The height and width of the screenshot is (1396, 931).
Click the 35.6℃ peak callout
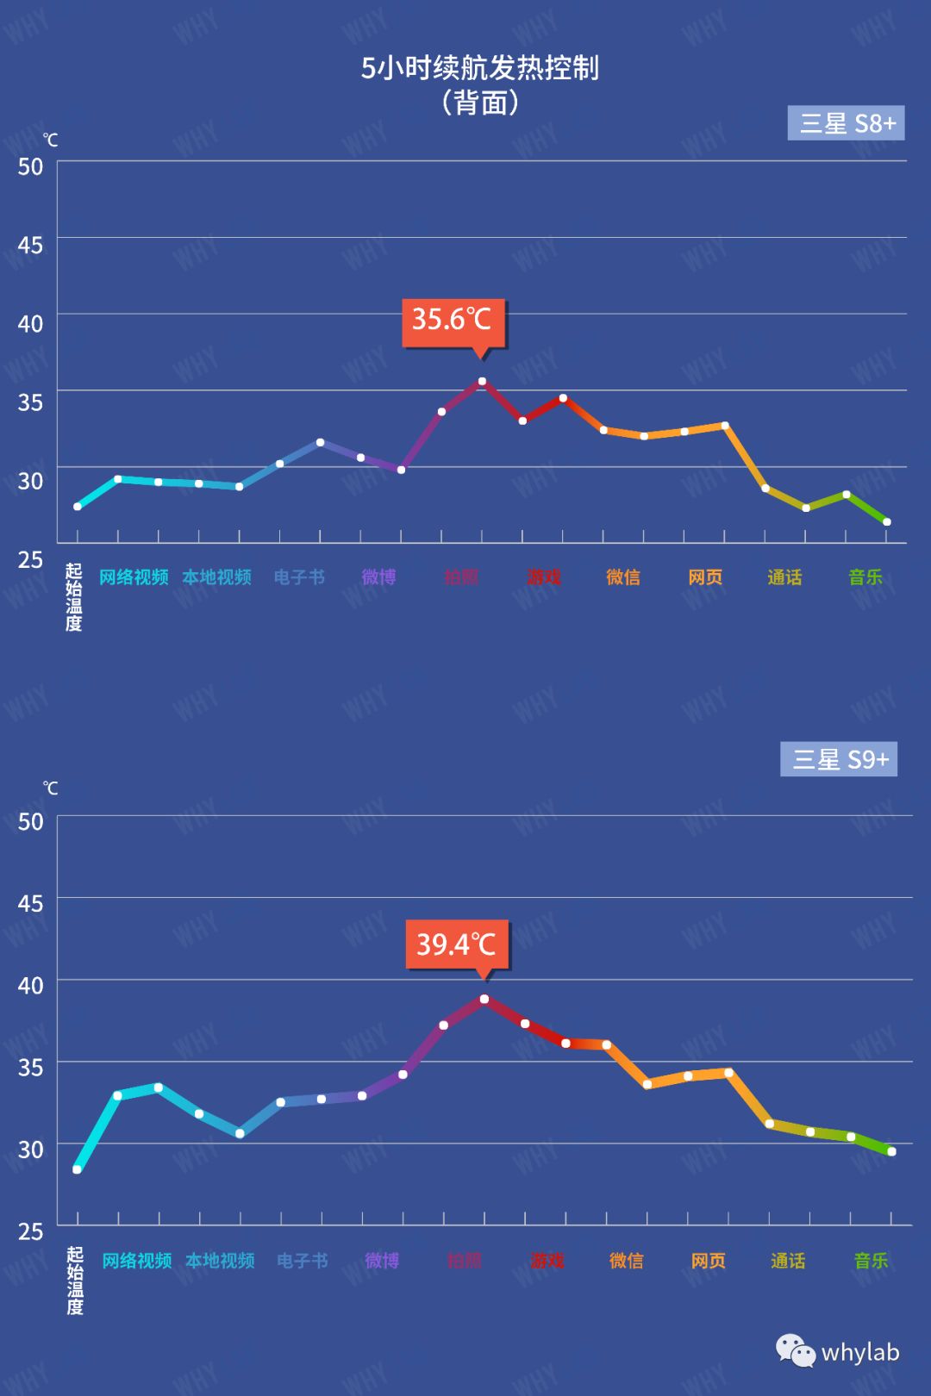[x=453, y=321]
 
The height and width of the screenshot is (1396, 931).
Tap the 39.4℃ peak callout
[x=457, y=944]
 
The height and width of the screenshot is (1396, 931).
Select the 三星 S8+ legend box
[x=846, y=123]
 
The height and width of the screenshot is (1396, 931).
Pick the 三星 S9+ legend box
[x=839, y=759]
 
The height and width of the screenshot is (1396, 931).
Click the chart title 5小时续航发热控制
[x=479, y=68]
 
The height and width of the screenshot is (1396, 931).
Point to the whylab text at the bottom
[x=859, y=1352]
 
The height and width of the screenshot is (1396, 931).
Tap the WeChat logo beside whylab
[x=795, y=1350]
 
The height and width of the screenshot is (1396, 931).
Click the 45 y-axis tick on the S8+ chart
[x=30, y=246]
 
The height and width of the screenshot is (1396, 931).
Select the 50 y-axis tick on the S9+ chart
[x=30, y=822]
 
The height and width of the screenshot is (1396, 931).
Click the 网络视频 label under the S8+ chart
[x=134, y=577]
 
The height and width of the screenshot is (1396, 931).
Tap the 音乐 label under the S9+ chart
[x=871, y=1261]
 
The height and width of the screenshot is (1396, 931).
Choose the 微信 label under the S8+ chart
[x=622, y=577]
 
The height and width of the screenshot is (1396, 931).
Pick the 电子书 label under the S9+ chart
[x=302, y=1261]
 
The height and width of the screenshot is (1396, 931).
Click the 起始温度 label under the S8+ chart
[x=74, y=597]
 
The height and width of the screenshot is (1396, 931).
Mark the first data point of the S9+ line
[x=78, y=1169]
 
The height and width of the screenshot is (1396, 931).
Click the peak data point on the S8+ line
[x=482, y=381]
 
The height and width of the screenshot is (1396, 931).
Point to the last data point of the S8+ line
[x=886, y=522]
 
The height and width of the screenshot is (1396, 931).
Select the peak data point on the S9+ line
[x=484, y=1000]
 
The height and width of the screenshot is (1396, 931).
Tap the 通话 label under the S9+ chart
[x=788, y=1261]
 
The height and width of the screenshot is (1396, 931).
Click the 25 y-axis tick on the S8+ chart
[x=30, y=560]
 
